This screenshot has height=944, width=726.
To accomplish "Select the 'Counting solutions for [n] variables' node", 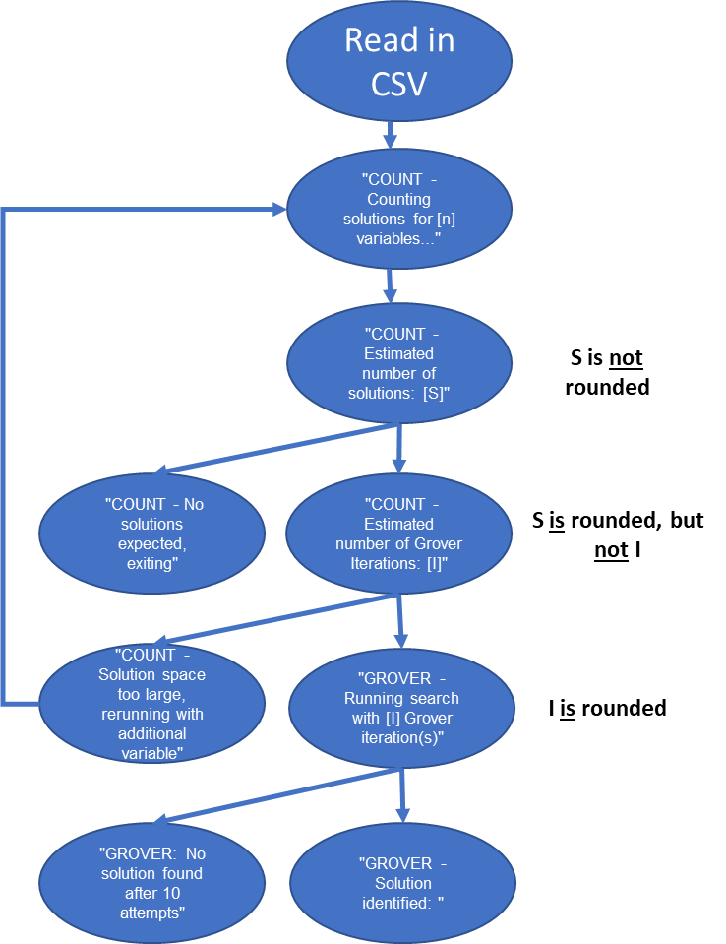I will coord(398,209).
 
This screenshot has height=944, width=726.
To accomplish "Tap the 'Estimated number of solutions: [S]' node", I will coord(398,363).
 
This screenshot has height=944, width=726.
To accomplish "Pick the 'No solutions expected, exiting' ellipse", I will coord(152,533).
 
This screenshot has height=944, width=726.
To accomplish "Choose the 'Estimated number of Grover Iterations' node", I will coord(398,533).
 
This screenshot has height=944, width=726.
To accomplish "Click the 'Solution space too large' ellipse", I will coord(152,703).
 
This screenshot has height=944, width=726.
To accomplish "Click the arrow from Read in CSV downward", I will coord(391,135).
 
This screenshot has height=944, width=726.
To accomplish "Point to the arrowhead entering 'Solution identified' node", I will coord(402,814).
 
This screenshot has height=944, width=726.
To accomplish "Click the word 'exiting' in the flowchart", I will coord(151,563).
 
